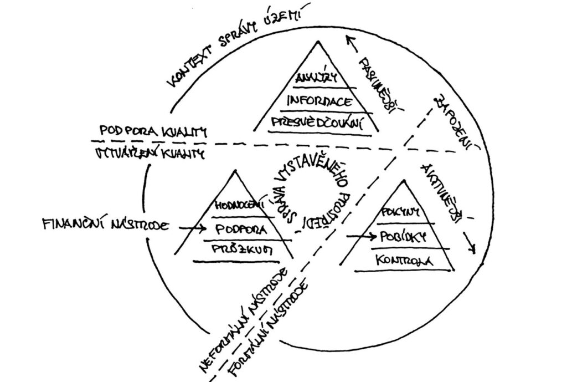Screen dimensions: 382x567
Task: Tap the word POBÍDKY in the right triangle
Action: pos(402,236)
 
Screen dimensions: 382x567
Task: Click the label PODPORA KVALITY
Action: pos(152,131)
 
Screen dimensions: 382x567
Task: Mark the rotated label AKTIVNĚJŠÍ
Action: pos(443,191)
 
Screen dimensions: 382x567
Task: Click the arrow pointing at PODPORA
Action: pos(192,227)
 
